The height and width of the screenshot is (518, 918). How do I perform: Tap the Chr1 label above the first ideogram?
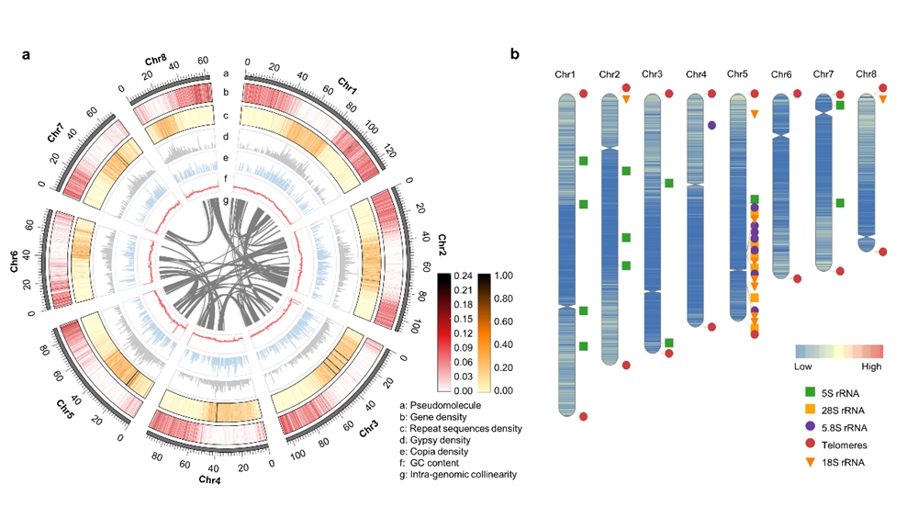pyautogui.click(x=565, y=73)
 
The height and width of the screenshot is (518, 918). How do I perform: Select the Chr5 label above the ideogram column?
pyautogui.click(x=738, y=73)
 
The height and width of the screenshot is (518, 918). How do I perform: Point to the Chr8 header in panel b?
pyautogui.click(x=867, y=73)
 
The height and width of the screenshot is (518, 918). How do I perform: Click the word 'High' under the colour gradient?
pyautogui.click(x=871, y=366)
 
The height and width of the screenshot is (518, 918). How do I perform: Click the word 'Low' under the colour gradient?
pyautogui.click(x=803, y=366)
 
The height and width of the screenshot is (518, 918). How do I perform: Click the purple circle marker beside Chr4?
pyautogui.click(x=711, y=124)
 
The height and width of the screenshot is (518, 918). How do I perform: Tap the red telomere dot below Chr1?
pyautogui.click(x=583, y=417)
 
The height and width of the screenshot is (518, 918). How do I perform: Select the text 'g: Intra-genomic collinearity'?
pyautogui.click(x=458, y=475)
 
